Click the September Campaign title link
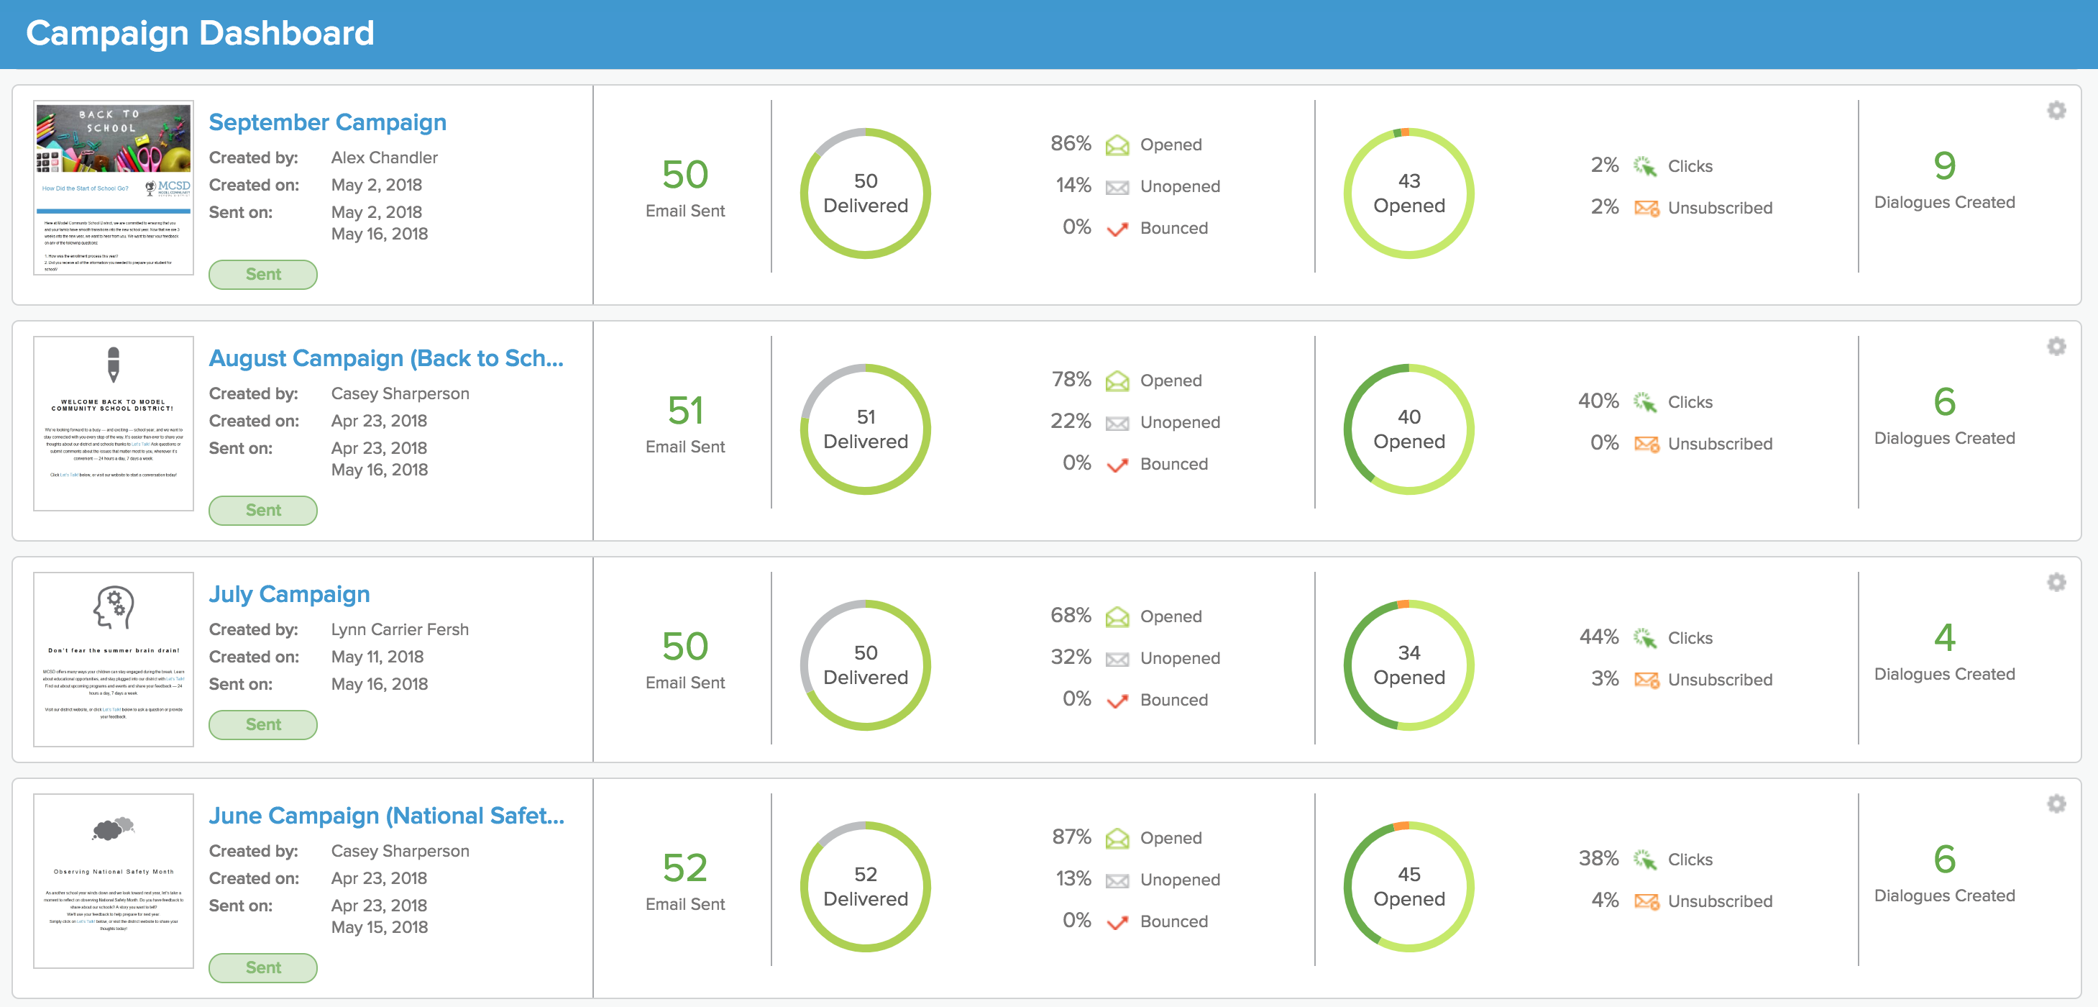tap(327, 122)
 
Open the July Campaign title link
tap(289, 594)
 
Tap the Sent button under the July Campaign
tap(263, 724)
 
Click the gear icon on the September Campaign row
tap(2056, 111)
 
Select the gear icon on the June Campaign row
tap(2056, 804)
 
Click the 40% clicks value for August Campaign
tap(1598, 401)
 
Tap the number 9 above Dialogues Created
tap(1944, 166)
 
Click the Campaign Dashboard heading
tap(201, 33)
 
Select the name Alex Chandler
tap(385, 158)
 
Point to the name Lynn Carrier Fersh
tap(400, 629)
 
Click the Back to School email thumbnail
tap(113, 188)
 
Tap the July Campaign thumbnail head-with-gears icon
tap(113, 608)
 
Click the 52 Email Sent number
tap(685, 867)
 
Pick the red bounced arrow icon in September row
tap(1117, 229)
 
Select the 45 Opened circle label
tap(1409, 886)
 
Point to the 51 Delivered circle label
tap(865, 429)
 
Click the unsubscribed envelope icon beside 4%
tap(1646, 901)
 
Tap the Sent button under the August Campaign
tap(263, 510)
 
